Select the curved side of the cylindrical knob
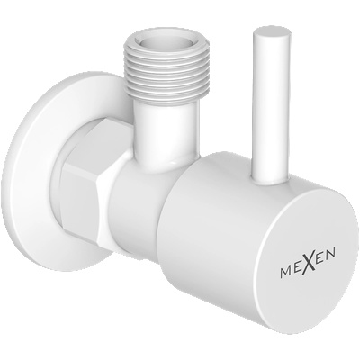coord(202,225)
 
